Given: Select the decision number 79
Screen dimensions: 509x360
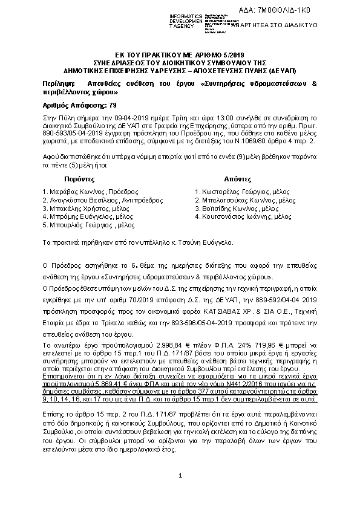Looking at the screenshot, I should click(113, 105).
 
